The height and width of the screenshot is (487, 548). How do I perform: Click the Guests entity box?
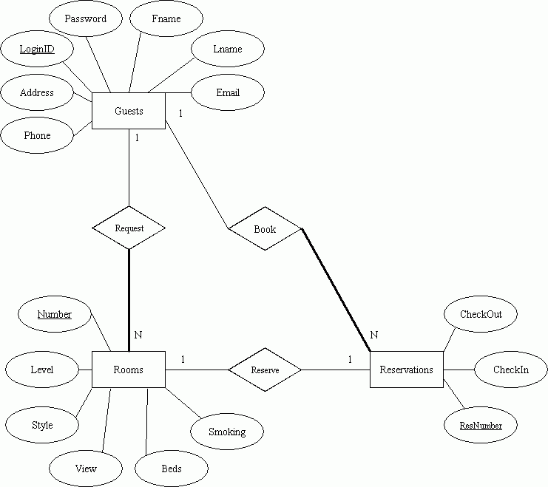(x=129, y=111)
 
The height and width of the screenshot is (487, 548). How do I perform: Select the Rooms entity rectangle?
(x=129, y=369)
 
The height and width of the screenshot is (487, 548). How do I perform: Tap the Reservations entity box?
(x=407, y=369)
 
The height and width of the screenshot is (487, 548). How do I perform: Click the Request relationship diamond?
(x=129, y=228)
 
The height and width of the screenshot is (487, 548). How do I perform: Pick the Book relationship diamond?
(x=265, y=229)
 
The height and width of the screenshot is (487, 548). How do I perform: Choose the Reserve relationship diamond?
(x=265, y=369)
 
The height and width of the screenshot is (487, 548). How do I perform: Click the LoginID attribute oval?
(x=37, y=49)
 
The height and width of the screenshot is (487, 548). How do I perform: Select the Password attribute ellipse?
(x=86, y=18)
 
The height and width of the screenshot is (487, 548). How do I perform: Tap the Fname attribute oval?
(x=166, y=18)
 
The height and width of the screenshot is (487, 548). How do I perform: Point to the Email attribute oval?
(x=228, y=92)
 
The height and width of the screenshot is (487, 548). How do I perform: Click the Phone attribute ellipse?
(x=37, y=135)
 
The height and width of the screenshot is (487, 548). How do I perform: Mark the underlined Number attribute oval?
(x=55, y=314)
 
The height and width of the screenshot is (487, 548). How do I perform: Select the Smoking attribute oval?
(x=227, y=432)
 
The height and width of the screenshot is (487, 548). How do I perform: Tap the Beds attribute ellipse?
(x=172, y=469)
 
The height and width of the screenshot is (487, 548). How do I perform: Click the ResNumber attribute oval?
(x=481, y=425)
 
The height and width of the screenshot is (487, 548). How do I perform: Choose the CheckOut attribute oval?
(x=481, y=314)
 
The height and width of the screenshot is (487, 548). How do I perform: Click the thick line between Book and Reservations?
(x=336, y=290)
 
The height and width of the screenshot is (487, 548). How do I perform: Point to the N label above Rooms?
(x=138, y=335)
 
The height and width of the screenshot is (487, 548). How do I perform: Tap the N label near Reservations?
(x=374, y=335)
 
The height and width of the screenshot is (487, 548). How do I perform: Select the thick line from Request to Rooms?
(x=129, y=301)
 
